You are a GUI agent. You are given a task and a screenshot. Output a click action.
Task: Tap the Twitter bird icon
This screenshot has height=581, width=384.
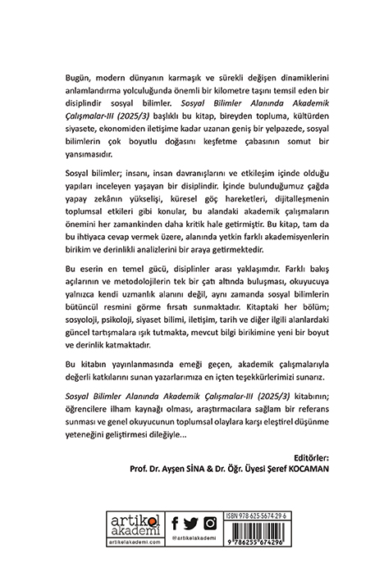tap(192, 523)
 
